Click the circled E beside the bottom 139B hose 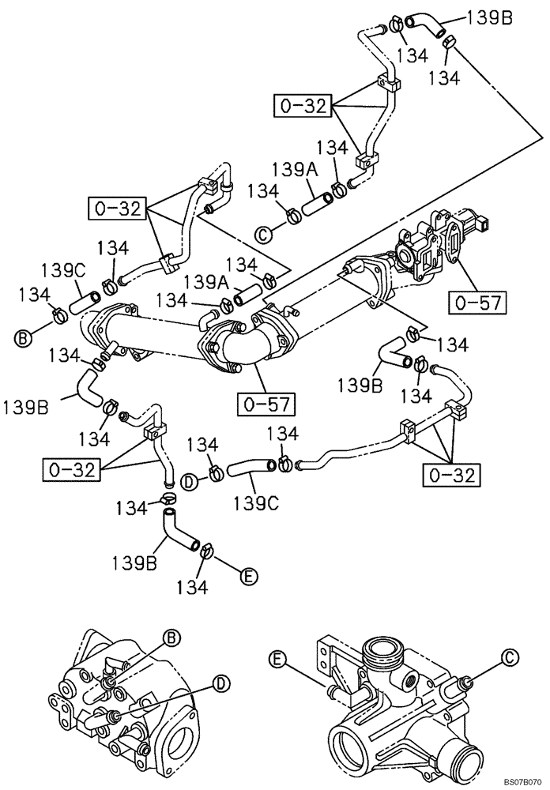point(248,576)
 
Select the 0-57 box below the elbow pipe point(267,406)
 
